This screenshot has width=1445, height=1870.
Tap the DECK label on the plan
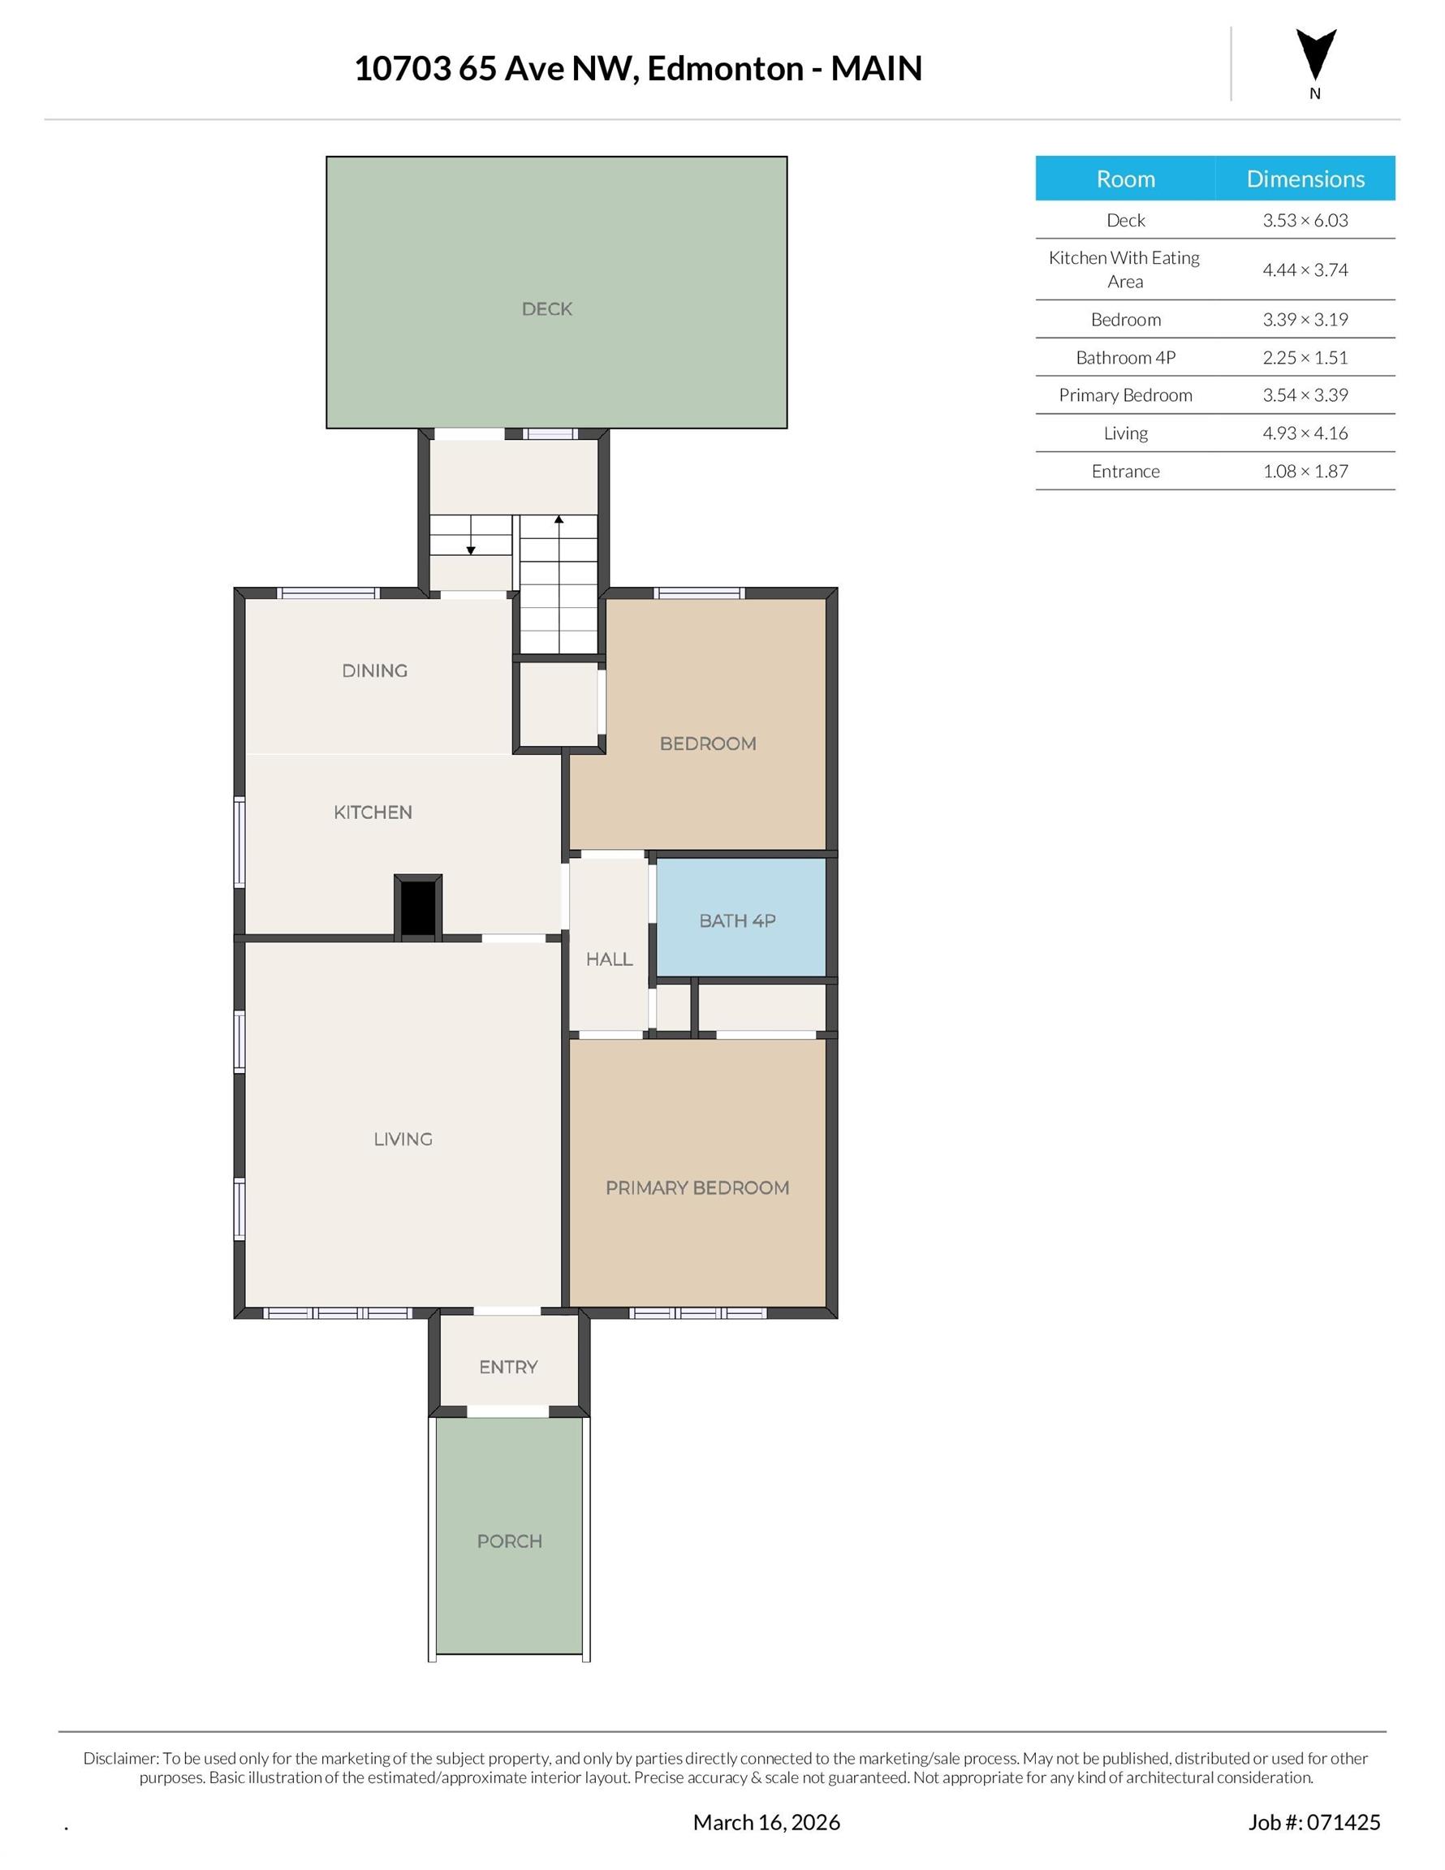(546, 309)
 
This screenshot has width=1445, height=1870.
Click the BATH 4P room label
(736, 920)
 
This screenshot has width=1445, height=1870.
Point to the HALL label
(609, 959)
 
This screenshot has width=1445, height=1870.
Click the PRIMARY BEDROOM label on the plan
(697, 1187)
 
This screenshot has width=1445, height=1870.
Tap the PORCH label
(509, 1541)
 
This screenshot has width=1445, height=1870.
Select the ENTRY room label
(508, 1368)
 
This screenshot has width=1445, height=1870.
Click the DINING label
(374, 670)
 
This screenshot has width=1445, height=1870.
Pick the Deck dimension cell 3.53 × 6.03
(1305, 220)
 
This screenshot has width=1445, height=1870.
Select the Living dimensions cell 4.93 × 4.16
(1305, 433)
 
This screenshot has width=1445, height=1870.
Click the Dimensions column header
(1305, 179)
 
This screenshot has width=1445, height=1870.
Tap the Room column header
(1124, 179)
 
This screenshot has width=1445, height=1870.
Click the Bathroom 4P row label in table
(1124, 358)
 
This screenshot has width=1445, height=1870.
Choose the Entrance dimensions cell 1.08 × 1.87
(1305, 471)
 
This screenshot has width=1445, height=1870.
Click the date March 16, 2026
(766, 1822)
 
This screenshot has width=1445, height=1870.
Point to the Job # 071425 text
(1313, 1822)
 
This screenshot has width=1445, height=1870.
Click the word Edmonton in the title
(725, 68)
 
